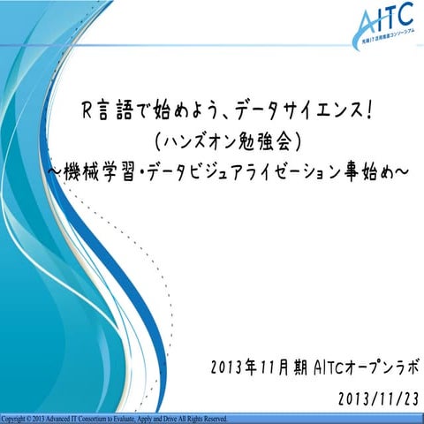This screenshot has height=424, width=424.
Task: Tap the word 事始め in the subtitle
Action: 365,170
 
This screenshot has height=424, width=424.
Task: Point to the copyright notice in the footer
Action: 115,418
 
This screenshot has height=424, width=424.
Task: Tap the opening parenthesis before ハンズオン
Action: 157,140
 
